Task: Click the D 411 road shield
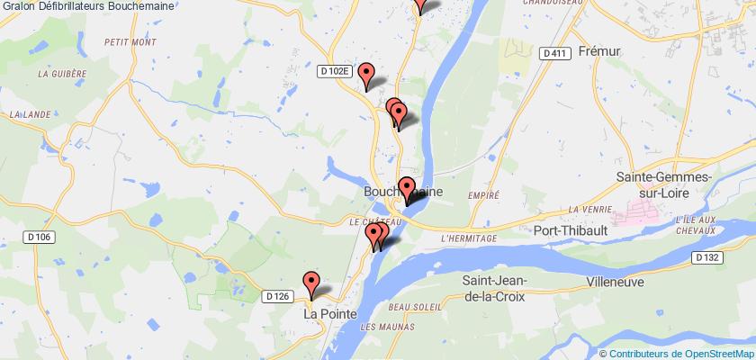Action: point(554,54)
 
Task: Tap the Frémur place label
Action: point(601,51)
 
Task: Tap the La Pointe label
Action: point(328,314)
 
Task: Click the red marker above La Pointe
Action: point(311,283)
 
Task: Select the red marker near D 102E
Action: point(365,75)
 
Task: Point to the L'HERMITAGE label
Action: point(470,238)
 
